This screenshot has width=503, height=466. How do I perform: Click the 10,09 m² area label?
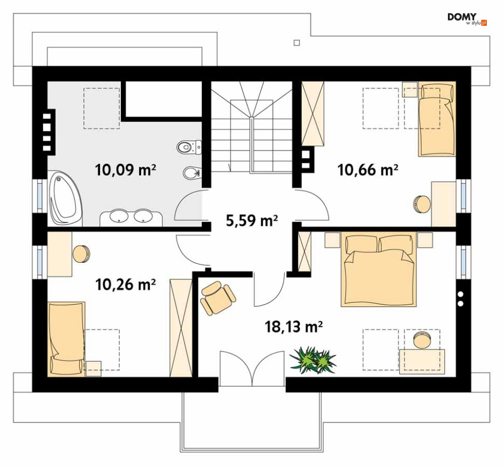pos(125,170)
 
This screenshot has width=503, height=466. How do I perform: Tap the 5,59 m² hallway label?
pos(252,220)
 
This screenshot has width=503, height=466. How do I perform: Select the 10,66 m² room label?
pos(368,170)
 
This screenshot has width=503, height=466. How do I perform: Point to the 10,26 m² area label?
pos(126,284)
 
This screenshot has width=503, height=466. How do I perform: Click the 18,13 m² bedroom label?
pos(294,327)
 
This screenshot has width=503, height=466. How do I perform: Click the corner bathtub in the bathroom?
pos(65,198)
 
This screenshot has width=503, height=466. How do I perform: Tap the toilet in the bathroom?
pos(189,147)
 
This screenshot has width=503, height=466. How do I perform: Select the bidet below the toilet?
pos(192,173)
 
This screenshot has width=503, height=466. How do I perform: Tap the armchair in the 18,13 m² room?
pos(217,297)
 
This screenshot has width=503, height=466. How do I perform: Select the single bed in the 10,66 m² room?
pos(437,119)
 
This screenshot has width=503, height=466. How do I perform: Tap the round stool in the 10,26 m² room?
pos(81,254)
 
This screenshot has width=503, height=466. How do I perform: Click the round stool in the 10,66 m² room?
pos(422,204)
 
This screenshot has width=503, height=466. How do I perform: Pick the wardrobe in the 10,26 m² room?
pos(181,328)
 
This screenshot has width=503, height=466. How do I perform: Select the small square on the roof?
pos(297,42)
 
